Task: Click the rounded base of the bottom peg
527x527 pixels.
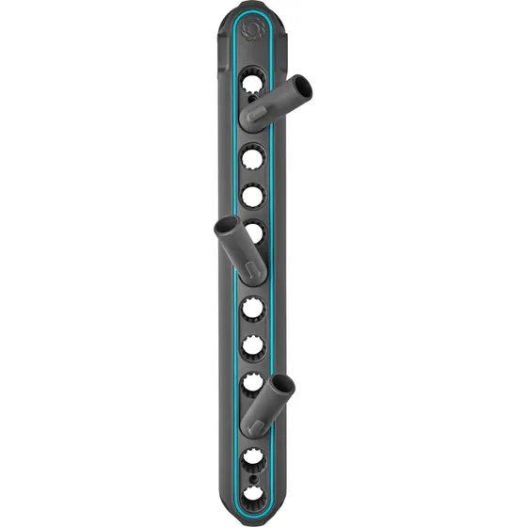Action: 251,423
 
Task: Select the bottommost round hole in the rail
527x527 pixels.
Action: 252,493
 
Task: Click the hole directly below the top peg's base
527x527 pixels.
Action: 252,156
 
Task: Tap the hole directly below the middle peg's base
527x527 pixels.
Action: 252,308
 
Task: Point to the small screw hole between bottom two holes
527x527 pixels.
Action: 252,477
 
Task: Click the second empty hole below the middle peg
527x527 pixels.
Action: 252,346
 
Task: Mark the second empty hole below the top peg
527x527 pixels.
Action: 252,196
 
